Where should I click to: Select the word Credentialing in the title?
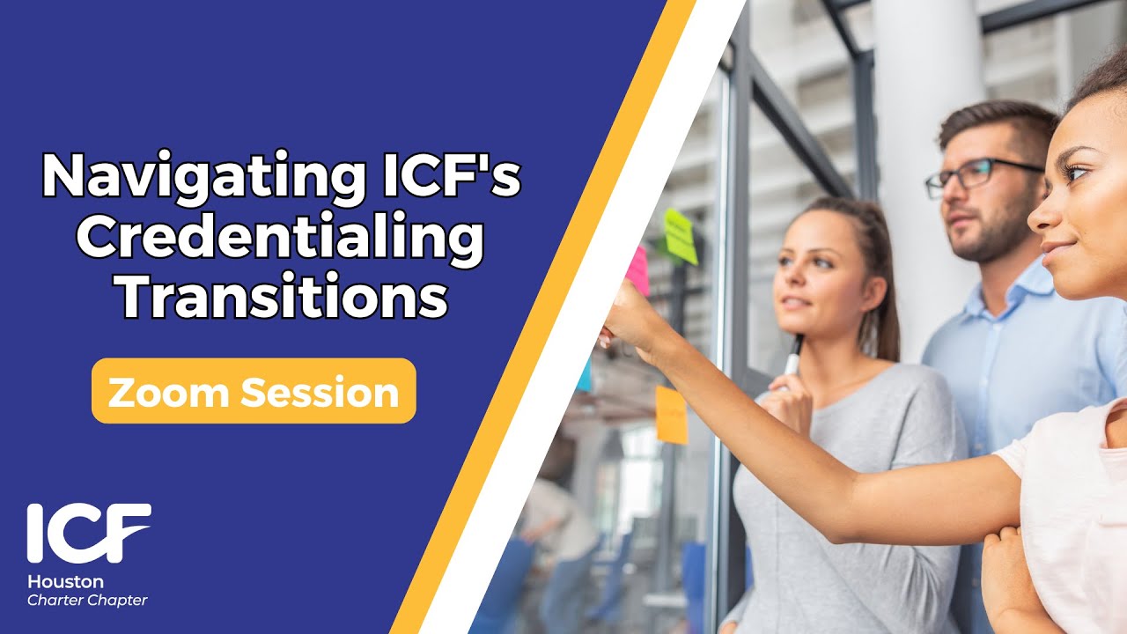tap(280, 238)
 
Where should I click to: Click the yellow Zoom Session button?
tap(254, 391)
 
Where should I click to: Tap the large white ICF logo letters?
tap(88, 533)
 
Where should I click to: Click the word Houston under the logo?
tap(65, 582)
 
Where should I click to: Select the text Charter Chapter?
tap(87, 601)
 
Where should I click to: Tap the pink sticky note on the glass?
tap(637, 269)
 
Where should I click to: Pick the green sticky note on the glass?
tap(681, 235)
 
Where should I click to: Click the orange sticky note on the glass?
tap(671, 414)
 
